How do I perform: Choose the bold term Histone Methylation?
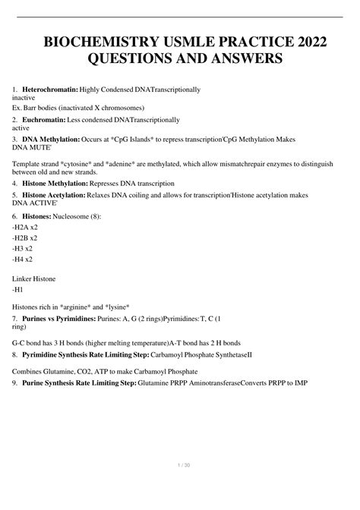65,184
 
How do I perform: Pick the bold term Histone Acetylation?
65,195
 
